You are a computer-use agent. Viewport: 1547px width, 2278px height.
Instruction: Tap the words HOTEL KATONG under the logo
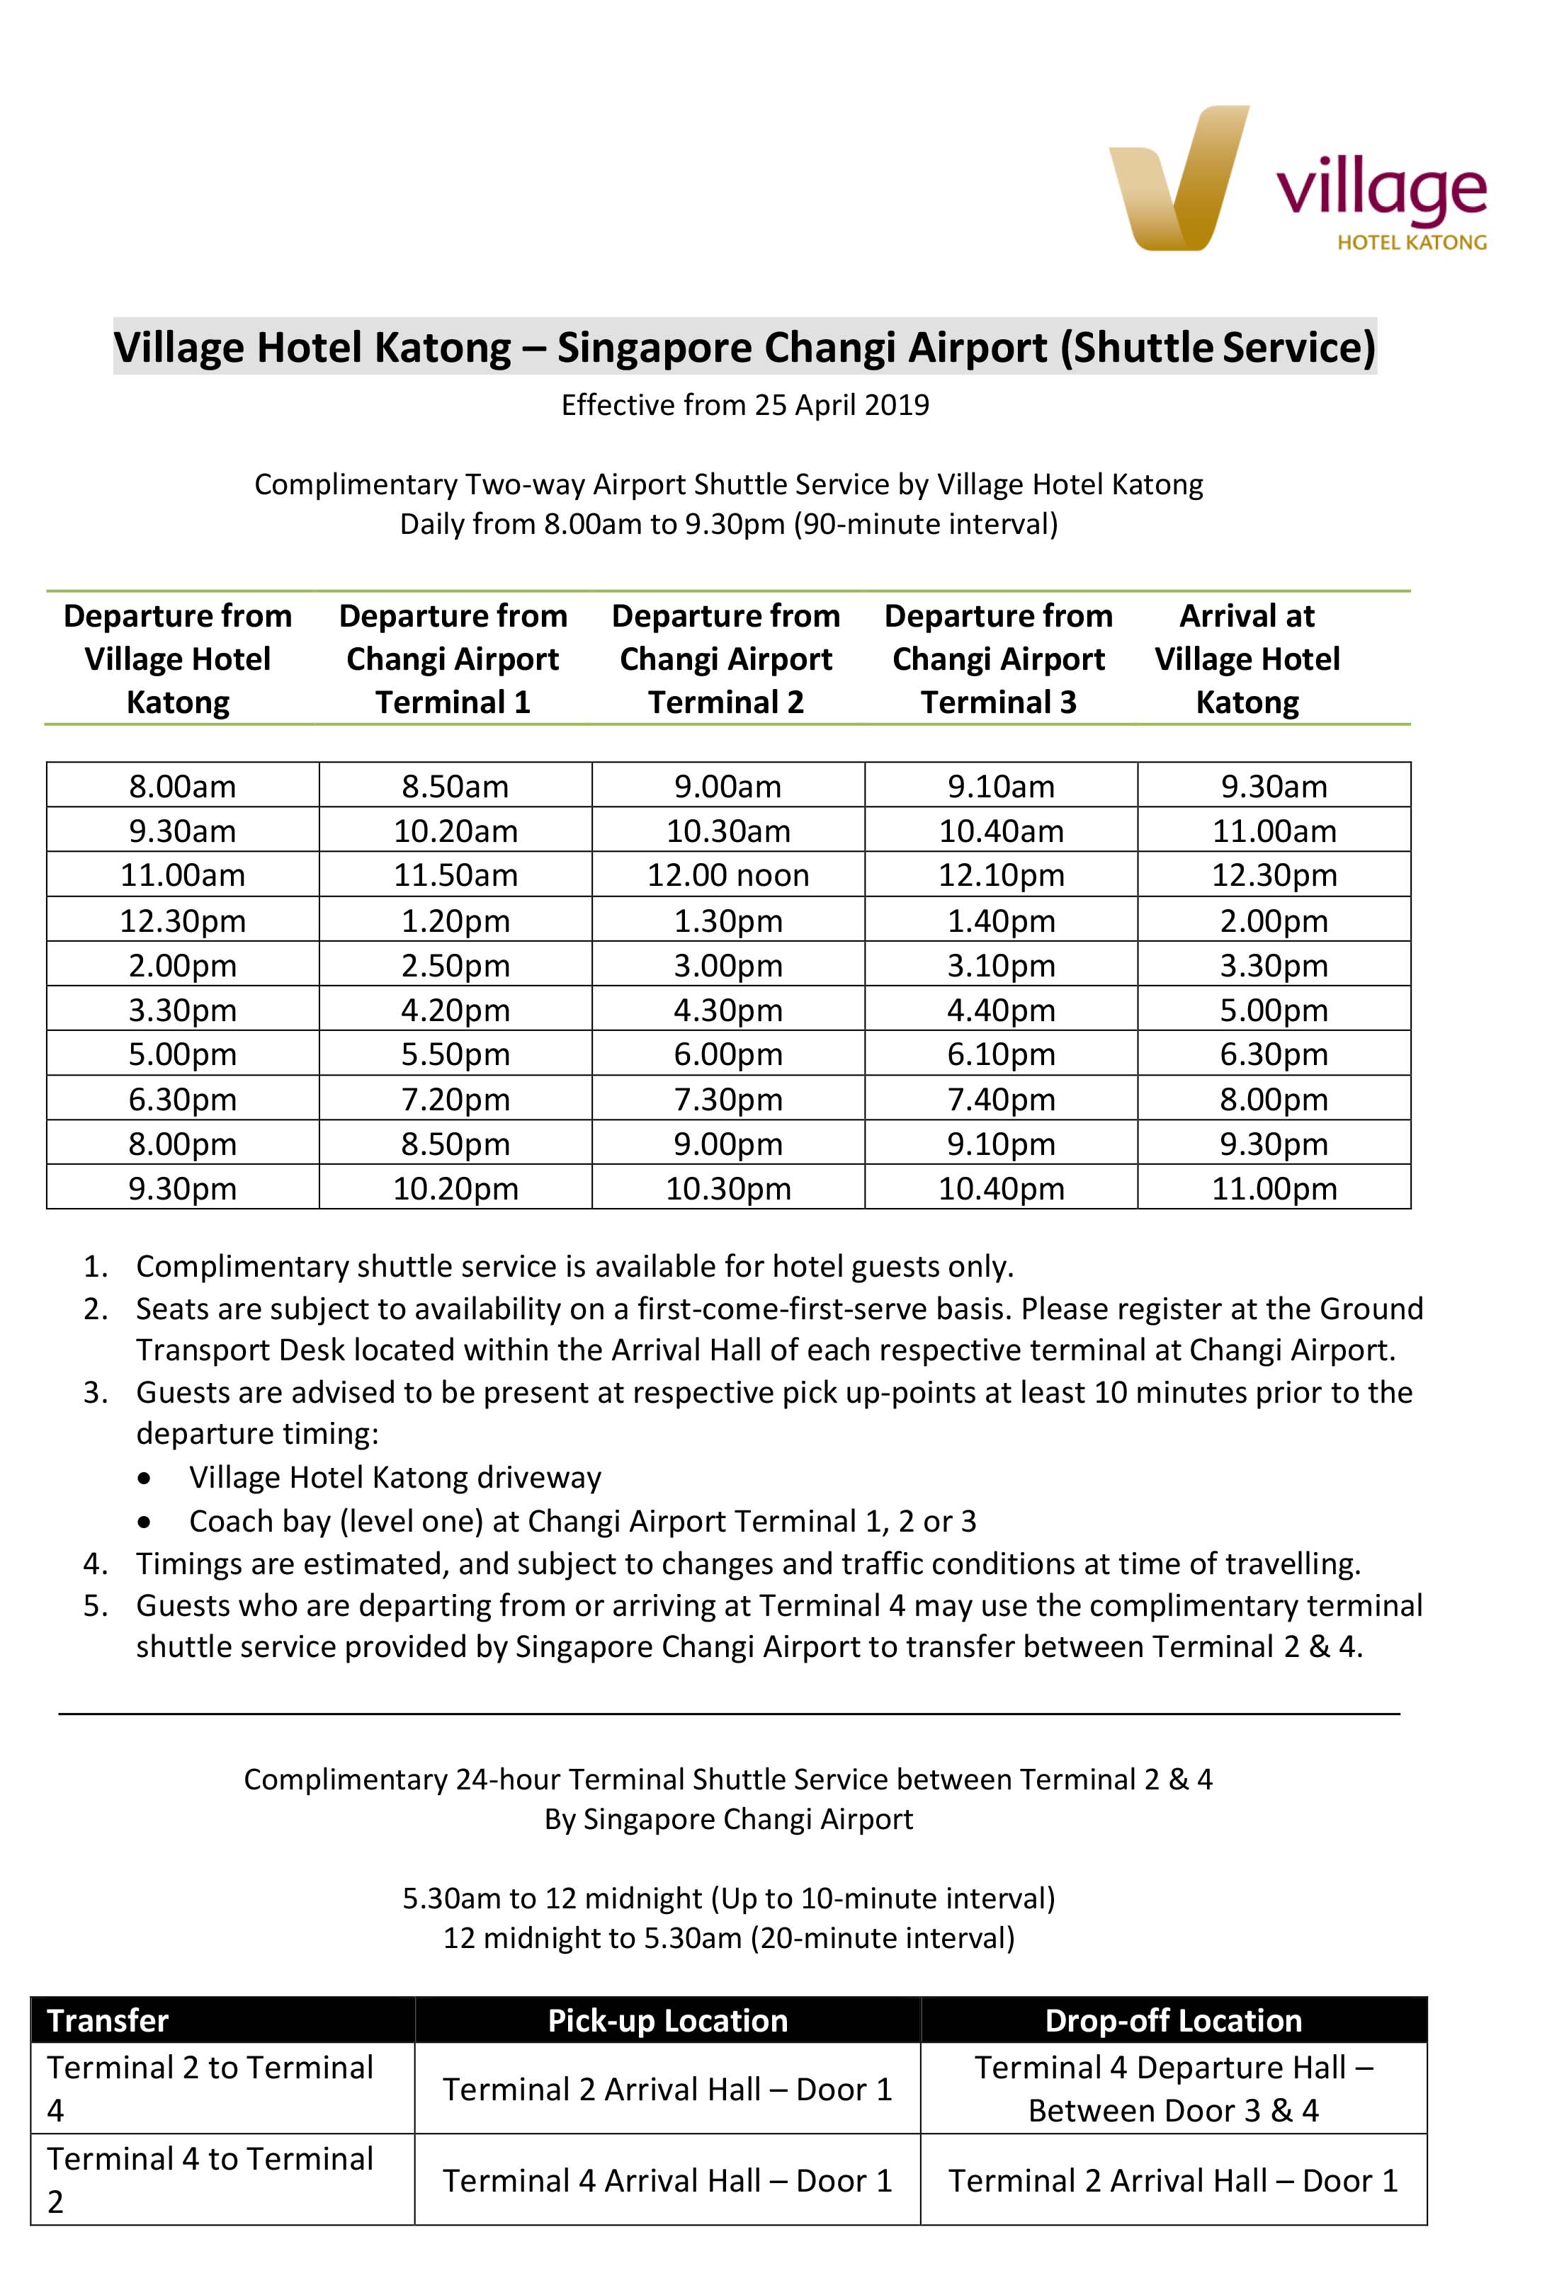[1411, 242]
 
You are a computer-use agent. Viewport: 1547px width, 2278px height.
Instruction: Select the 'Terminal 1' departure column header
[453, 659]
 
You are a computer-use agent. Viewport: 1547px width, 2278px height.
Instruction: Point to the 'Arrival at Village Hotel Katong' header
[1246, 659]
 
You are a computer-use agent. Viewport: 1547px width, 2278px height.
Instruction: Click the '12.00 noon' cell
[727, 875]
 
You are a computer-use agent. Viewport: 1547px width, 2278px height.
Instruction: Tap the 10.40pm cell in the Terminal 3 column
[1001, 1188]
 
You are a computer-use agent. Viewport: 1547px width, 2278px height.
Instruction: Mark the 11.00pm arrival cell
[1274, 1188]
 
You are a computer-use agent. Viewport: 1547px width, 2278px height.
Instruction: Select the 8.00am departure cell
[182, 786]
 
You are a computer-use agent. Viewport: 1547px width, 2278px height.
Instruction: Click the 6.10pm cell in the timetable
[1001, 1054]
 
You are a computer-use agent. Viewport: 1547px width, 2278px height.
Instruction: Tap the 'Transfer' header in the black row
[108, 2021]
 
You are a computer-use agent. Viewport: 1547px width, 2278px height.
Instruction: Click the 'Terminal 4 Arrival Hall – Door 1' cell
[667, 2181]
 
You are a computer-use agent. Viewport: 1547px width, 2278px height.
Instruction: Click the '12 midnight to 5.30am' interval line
[728, 1938]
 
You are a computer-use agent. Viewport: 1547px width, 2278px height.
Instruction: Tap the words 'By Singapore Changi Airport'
[728, 1819]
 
